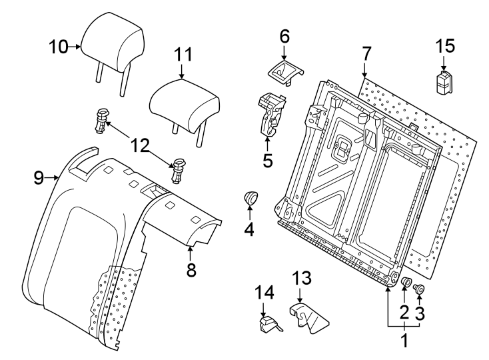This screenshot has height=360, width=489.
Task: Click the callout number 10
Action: [59, 47]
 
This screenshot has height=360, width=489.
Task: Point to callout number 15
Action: [444, 46]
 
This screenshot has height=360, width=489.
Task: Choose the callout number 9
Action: [39, 177]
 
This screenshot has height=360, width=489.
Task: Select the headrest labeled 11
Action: [185, 104]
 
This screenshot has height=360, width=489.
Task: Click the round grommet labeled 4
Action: [251, 198]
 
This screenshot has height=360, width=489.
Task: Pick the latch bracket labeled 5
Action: [270, 113]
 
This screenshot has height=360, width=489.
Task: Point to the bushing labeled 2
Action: [404, 285]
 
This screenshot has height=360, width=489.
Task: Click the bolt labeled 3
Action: [420, 289]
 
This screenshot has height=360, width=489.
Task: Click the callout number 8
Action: [191, 270]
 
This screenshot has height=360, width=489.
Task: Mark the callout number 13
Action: [302, 277]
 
